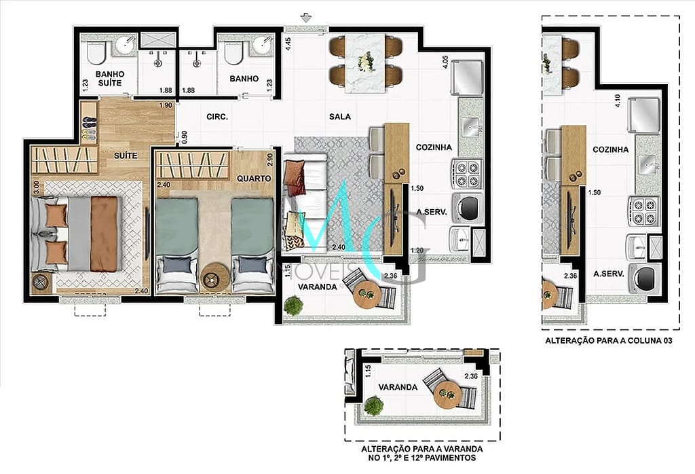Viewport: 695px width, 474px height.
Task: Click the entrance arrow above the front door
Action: [x=305, y=18]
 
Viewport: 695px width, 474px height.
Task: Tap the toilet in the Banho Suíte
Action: [x=96, y=53]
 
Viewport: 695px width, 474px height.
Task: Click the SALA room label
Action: [x=340, y=117]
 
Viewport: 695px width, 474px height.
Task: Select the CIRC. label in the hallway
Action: [x=217, y=117]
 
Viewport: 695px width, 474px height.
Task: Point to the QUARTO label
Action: [x=254, y=178]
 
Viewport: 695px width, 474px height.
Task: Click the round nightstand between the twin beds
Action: [x=215, y=278]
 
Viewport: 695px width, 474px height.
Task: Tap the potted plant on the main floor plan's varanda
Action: [x=293, y=306]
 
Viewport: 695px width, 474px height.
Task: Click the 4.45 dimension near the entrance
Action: [x=288, y=45]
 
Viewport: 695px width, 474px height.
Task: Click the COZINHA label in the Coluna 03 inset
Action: [x=610, y=150]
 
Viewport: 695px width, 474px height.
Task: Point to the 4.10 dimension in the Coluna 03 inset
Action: [x=618, y=101]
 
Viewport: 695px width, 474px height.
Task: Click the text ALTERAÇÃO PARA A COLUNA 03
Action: [x=609, y=340]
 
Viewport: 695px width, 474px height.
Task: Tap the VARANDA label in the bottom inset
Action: [x=398, y=387]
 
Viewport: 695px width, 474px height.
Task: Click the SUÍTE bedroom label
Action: [x=126, y=156]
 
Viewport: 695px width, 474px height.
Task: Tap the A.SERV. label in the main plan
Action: [x=432, y=212]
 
